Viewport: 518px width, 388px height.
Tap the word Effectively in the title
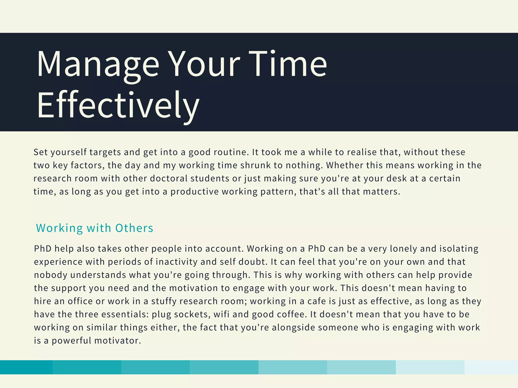pos(118,105)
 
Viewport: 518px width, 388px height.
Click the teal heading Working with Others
pos(95,228)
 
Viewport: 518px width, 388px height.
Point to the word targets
pos(105,152)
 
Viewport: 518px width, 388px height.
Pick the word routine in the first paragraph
pos(230,152)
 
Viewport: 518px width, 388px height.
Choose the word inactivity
pos(176,262)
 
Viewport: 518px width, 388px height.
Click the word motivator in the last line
pos(118,341)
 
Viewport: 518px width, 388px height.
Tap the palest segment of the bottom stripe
pos(491,367)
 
